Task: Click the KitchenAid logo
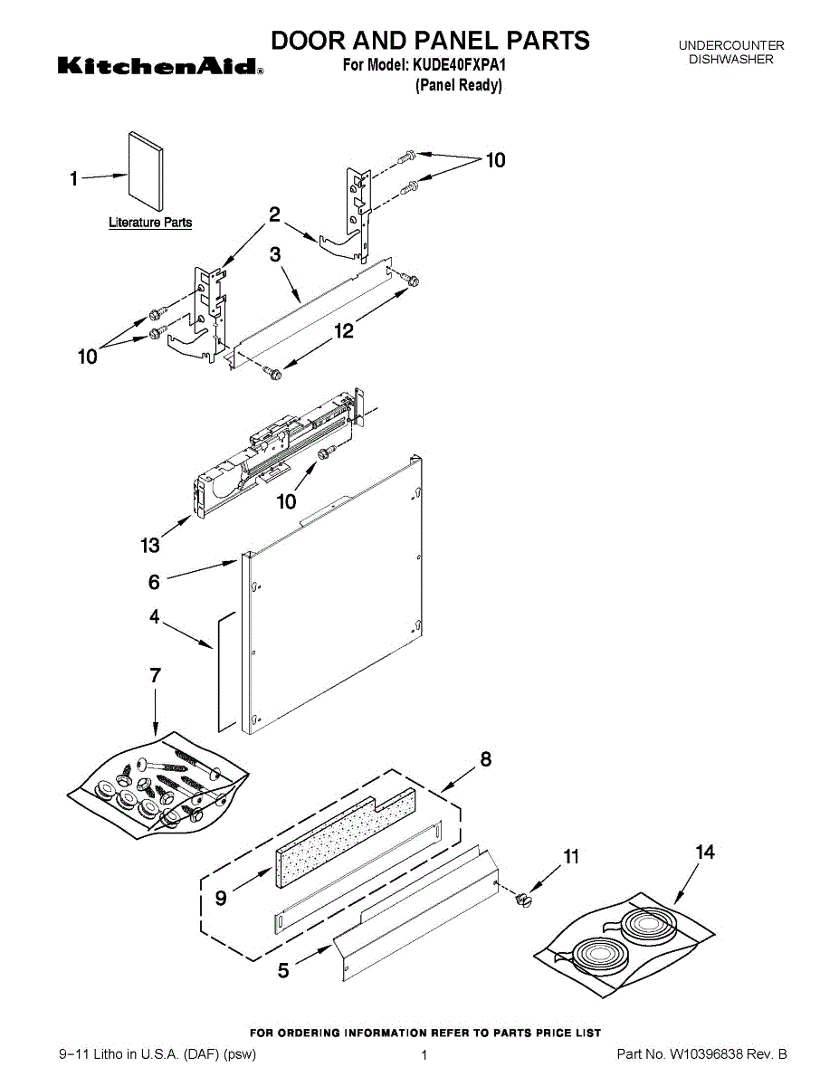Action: (x=160, y=65)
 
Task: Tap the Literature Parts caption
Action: (x=150, y=223)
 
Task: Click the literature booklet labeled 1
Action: (x=146, y=171)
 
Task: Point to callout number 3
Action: (x=275, y=254)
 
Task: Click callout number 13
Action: (x=150, y=545)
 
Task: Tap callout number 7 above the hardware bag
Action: (x=156, y=675)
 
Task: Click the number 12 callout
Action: (x=344, y=330)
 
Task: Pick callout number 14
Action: (x=705, y=852)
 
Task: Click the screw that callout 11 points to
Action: (x=524, y=900)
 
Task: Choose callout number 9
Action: (x=221, y=899)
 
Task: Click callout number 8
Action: (x=486, y=759)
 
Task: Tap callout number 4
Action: (x=155, y=616)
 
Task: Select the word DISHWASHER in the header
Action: (x=731, y=59)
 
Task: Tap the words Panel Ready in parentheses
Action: (x=459, y=85)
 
